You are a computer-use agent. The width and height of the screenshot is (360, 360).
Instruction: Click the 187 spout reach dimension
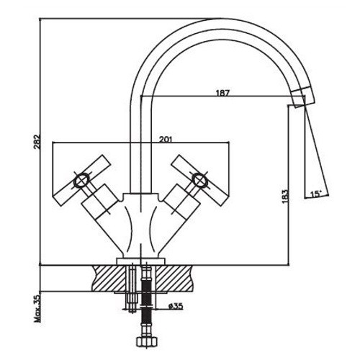[x=222, y=93]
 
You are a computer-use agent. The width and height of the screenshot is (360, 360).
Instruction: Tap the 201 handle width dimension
[x=166, y=139]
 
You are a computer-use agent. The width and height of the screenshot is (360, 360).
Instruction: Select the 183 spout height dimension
[x=284, y=197]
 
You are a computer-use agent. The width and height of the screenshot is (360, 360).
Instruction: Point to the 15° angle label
[x=316, y=194]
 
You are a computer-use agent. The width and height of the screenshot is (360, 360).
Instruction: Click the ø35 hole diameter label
[x=176, y=306]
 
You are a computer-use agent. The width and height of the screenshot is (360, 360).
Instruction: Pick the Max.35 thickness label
[x=38, y=308]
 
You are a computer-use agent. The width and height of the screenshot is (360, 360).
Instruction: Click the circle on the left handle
[x=81, y=180]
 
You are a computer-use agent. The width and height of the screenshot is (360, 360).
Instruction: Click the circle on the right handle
[x=199, y=179]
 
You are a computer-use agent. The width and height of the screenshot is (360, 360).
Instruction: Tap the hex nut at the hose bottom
[x=146, y=341]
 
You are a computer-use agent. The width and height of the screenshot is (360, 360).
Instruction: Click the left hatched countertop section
[x=110, y=279]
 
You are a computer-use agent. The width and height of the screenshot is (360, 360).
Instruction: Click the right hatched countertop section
[x=174, y=279]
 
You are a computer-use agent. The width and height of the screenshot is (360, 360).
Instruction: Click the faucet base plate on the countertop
[x=141, y=261]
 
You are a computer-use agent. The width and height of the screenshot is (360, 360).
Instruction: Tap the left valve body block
[x=99, y=201]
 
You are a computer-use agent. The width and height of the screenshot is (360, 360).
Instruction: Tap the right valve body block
[x=181, y=201]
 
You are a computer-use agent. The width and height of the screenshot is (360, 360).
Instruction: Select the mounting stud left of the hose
[x=132, y=288]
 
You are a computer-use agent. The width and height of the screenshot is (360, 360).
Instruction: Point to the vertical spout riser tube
[x=141, y=144]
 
